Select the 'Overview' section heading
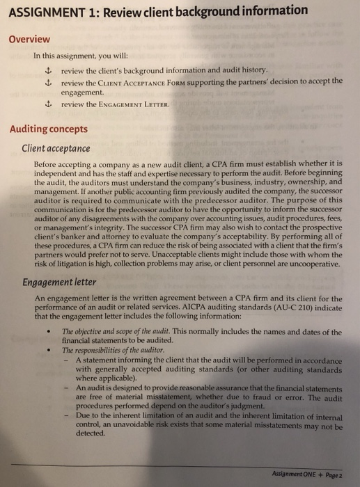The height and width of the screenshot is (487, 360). tap(30, 39)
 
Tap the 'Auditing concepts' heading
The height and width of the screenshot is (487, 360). tap(49, 129)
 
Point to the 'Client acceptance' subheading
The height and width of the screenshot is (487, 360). tap(56, 148)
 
